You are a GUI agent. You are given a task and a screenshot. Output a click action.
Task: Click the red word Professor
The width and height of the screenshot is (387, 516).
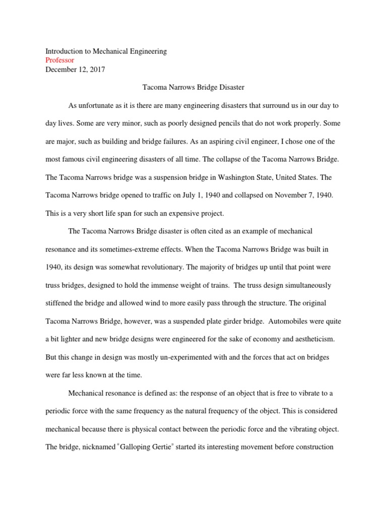60,60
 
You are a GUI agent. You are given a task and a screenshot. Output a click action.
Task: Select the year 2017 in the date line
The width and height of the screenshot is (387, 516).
97,70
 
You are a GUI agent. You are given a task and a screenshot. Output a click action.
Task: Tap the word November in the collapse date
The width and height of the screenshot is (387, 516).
286,195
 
